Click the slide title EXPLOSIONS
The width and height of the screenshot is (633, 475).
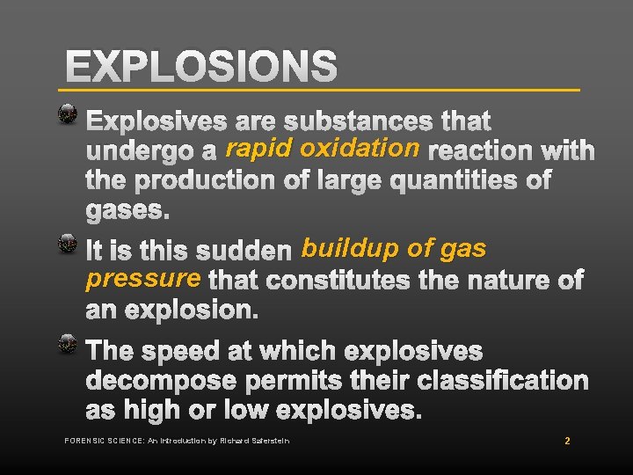(201, 66)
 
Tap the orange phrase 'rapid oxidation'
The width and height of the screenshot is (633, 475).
(322, 149)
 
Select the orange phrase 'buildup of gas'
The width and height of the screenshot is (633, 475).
(393, 249)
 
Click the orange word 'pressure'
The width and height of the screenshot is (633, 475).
(143, 279)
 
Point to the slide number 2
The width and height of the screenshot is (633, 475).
(567, 441)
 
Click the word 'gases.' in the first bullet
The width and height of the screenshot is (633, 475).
(128, 211)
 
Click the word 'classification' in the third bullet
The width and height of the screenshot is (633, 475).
(501, 381)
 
